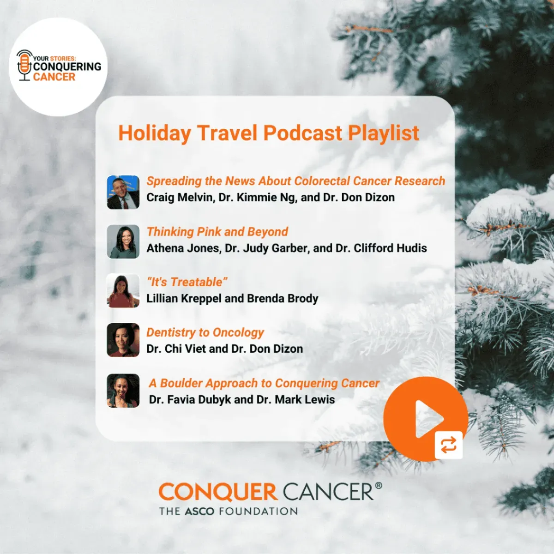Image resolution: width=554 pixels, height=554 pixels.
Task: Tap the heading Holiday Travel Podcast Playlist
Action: [x=268, y=133]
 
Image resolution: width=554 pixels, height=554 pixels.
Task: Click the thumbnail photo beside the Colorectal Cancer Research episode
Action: [x=123, y=192]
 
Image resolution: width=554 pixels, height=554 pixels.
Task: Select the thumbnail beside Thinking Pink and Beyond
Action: [x=123, y=241]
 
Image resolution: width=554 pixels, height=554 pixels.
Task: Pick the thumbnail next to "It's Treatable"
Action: [x=123, y=291]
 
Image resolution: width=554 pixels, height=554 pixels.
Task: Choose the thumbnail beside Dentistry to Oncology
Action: [x=123, y=340]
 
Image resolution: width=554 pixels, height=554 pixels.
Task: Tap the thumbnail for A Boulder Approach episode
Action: [x=123, y=391]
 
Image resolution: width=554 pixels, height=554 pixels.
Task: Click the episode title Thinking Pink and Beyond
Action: [x=217, y=232]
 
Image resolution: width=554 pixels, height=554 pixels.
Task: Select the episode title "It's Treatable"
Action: [x=187, y=282]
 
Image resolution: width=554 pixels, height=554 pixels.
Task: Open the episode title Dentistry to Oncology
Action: [x=205, y=332]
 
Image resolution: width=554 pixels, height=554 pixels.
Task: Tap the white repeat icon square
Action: [x=448, y=446]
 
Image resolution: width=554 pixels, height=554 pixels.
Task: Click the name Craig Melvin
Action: [x=180, y=198]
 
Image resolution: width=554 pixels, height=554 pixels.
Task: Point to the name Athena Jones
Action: [x=183, y=248]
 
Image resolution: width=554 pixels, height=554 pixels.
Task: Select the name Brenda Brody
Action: [x=283, y=299]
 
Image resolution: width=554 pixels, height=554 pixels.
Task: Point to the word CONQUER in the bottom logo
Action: [x=217, y=492]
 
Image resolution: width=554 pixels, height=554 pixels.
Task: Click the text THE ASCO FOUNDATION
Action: [x=229, y=512]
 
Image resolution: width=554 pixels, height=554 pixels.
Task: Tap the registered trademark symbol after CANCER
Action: [x=379, y=486]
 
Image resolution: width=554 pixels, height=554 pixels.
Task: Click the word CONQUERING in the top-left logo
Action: [x=67, y=67]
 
